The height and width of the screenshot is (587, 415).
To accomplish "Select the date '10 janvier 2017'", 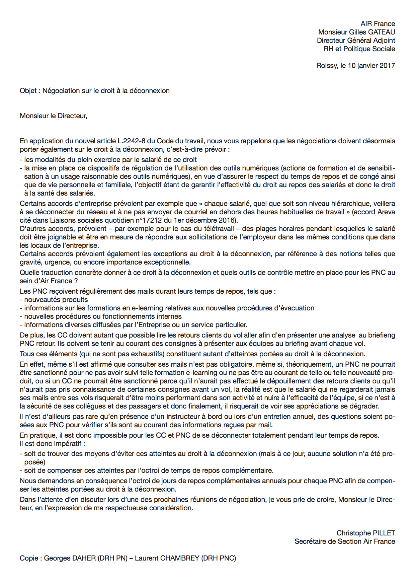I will pyautogui.click(x=371, y=66).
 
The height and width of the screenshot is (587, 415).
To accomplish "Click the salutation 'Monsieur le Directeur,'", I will pyautogui.click(x=53, y=116).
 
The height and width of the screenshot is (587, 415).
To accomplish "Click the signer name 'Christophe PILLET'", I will pyautogui.click(x=365, y=533).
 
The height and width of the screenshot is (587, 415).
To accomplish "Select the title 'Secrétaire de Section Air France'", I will pyautogui.click(x=344, y=541).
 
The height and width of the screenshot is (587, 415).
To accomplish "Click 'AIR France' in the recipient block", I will pyautogui.click(x=378, y=24).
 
